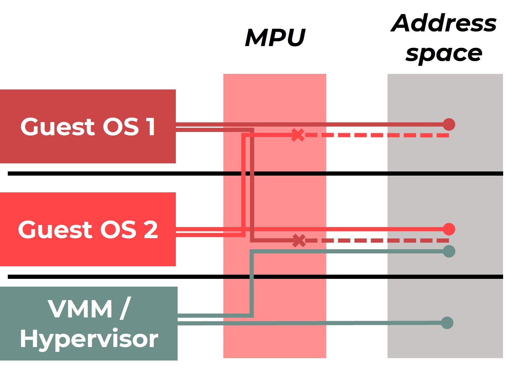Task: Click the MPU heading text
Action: pos(275,38)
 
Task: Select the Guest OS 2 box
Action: pos(88,251)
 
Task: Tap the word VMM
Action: pos(80,309)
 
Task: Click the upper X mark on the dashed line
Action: pos(298,135)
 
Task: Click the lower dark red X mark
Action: pos(299,241)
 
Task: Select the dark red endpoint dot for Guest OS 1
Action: pos(449,124)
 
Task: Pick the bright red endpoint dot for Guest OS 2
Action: pos(449,229)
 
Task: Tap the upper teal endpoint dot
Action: pos(449,251)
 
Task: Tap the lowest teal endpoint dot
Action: pos(447,323)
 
